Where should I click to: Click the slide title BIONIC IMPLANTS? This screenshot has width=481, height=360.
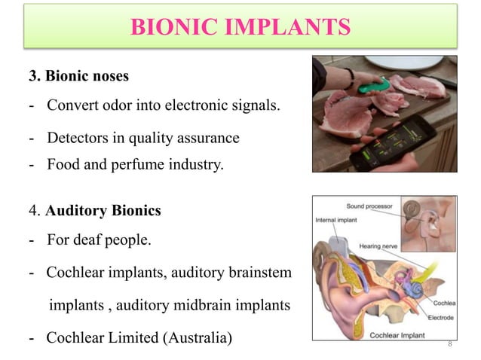[x=240, y=28]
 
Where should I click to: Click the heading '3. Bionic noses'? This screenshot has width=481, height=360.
[x=79, y=76]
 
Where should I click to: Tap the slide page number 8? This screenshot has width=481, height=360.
[x=449, y=344]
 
